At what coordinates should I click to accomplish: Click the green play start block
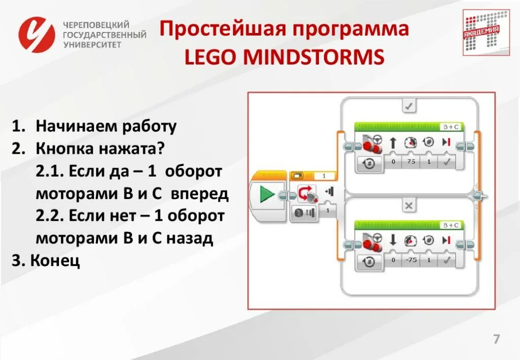267,194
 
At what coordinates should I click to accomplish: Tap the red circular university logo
37,35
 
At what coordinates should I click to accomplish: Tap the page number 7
496,339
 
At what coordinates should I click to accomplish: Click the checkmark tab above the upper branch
409,106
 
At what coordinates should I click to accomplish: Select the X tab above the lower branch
409,205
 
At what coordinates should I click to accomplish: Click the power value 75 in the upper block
411,162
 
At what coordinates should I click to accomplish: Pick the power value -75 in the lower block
411,260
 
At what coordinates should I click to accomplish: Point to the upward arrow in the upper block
393,143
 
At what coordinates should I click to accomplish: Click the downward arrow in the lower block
393,240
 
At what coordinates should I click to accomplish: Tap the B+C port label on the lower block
450,225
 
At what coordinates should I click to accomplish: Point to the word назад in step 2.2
190,238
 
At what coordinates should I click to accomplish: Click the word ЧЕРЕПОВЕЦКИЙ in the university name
96,25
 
